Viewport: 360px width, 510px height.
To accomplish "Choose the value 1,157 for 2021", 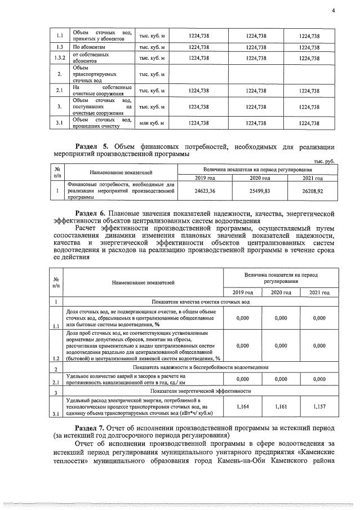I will [319, 406].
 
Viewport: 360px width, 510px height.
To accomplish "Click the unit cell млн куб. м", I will [152, 123].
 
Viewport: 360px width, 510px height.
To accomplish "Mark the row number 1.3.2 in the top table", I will [57, 57].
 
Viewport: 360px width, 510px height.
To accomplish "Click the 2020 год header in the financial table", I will [256, 178].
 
